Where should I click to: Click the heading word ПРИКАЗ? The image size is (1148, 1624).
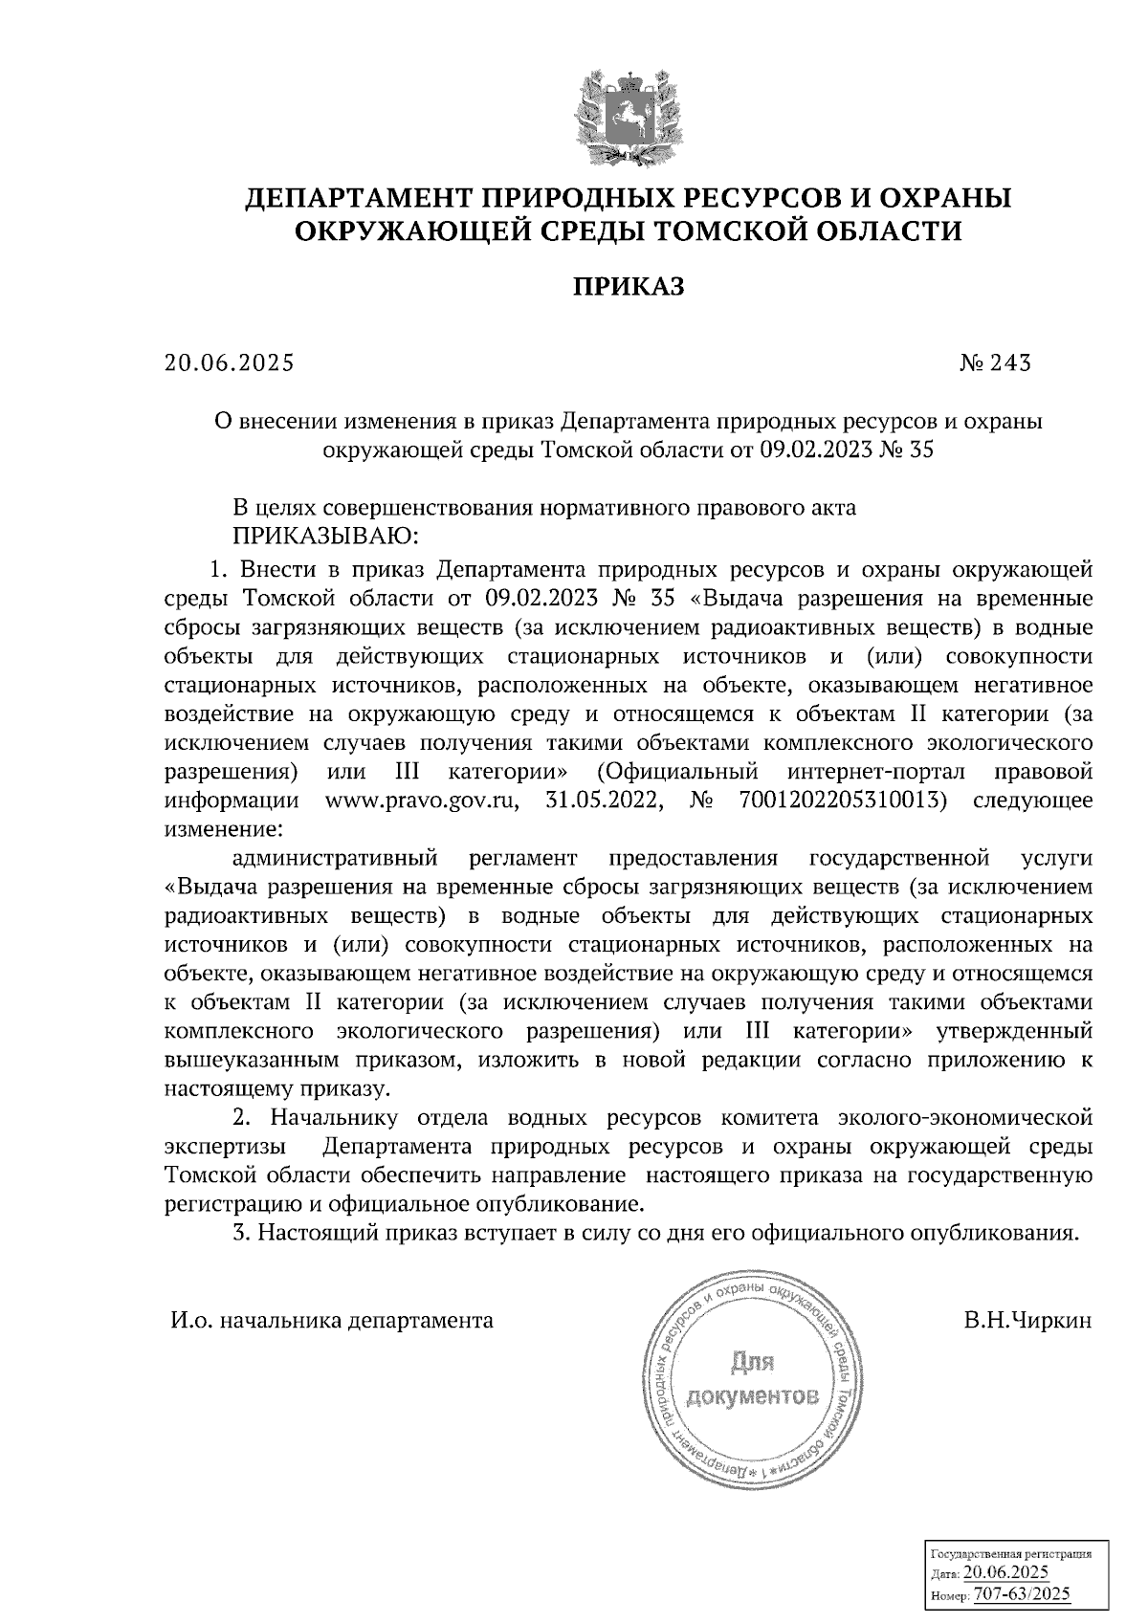(629, 287)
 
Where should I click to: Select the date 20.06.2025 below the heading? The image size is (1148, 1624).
(229, 363)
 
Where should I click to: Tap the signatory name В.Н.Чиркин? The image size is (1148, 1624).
(1028, 1321)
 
